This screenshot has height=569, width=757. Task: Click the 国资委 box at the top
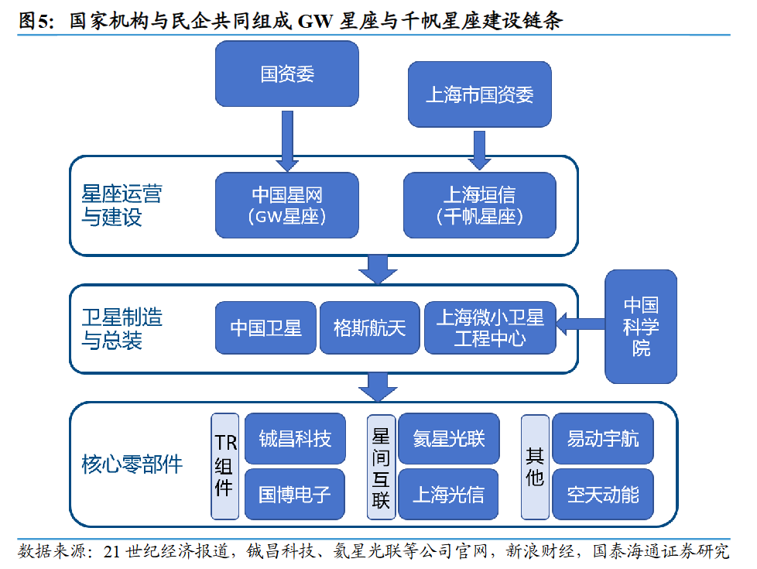coord(286,74)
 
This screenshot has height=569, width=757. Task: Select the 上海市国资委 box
coord(479,94)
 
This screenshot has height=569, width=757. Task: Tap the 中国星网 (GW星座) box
coord(286,204)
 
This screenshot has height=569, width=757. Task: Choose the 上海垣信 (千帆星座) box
coord(479,204)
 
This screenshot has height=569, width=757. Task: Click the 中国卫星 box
coord(265,327)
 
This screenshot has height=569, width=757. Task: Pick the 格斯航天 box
coord(369,327)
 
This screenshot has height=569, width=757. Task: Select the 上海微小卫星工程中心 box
coord(489,327)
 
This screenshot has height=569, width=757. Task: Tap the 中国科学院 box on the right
coord(640,326)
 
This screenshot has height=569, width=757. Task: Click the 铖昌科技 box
coord(295,439)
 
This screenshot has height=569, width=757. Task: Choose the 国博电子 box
coord(295,493)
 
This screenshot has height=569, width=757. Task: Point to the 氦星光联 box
coord(448,439)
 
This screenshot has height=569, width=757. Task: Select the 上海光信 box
coord(448,493)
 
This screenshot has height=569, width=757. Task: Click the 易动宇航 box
coord(602,439)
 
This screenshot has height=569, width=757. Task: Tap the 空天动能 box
coord(602,493)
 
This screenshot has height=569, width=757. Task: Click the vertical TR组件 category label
coord(224,466)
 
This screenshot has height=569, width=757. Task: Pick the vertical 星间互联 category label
coord(380,466)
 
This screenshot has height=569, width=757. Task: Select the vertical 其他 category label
coord(534,466)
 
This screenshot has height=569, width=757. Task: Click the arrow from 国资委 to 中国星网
coord(286,140)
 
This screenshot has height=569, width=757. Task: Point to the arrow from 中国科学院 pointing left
coord(580,326)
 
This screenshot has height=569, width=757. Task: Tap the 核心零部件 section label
coord(132,464)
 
